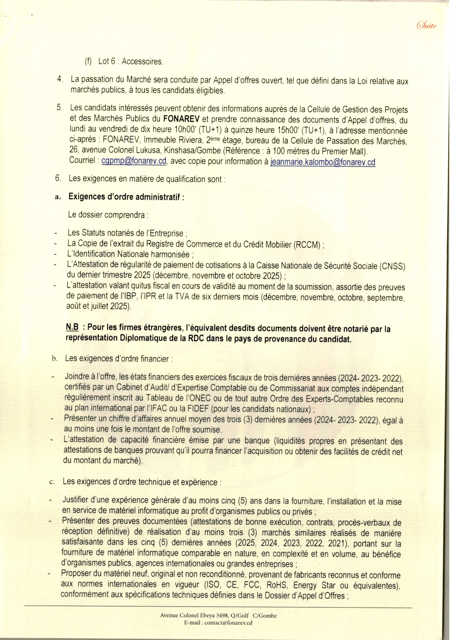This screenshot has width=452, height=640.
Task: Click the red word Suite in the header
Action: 427,25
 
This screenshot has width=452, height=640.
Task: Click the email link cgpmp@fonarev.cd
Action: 134,161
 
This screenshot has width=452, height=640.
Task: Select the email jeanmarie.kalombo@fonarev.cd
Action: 323,162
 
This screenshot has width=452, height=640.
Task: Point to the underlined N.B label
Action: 72,327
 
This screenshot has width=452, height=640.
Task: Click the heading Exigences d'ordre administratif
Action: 126,197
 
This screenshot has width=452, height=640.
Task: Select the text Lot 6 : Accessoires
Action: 130,61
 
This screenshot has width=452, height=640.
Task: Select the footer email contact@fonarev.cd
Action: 228,622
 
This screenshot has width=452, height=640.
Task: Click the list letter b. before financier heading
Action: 55,358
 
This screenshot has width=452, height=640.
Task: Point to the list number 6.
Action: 58,178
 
